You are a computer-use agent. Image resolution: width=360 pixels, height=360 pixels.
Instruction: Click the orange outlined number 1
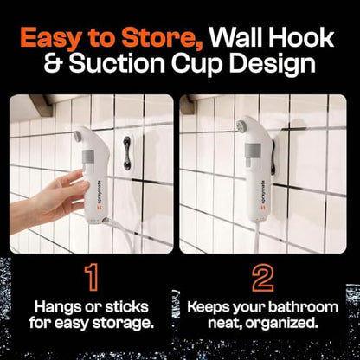coord(92,278)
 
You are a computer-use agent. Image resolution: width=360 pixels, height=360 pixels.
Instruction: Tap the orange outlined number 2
coord(262,278)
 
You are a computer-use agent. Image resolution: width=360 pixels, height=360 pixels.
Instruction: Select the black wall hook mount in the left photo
coord(127,153)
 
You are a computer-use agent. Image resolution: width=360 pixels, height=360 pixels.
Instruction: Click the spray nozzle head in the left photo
coord(77,135)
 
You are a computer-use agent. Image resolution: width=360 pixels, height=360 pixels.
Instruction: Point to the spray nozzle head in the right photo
coord(241,126)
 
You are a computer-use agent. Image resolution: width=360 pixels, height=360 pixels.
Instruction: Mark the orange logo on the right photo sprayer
coord(262,207)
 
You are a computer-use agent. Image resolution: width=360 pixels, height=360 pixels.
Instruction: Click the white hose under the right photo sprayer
coord(258,237)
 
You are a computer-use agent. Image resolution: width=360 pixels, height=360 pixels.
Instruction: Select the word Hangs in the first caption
coord(58,308)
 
